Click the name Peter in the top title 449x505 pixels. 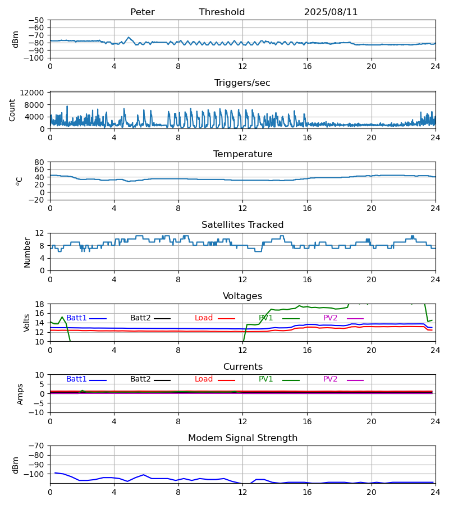pos(142,12)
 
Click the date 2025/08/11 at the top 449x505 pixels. pos(331,12)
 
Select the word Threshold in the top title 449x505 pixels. pos(222,12)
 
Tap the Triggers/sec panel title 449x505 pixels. pos(242,83)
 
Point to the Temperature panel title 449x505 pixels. pos(242,154)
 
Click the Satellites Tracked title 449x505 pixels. pos(242,225)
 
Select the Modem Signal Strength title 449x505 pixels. pos(242,438)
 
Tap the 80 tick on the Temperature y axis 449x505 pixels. pos(39,162)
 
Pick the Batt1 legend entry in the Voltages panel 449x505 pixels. pos(76,318)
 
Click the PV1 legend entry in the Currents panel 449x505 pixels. pos(265,379)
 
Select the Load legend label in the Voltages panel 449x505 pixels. pos(204,318)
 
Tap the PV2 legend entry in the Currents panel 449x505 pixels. pos(330,379)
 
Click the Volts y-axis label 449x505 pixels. pos(27,323)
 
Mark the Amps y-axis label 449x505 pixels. pos(21,394)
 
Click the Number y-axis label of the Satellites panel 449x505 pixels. pos(27,252)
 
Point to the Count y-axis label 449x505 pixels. pos(12,110)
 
